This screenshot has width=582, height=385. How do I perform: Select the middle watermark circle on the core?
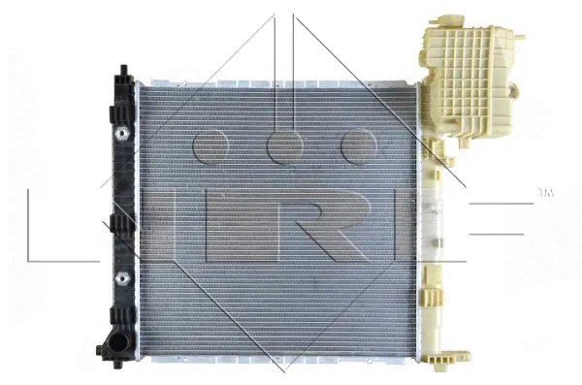(283, 145)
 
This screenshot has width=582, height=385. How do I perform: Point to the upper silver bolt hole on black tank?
(122, 132)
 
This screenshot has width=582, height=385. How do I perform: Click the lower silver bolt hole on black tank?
(122, 278)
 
